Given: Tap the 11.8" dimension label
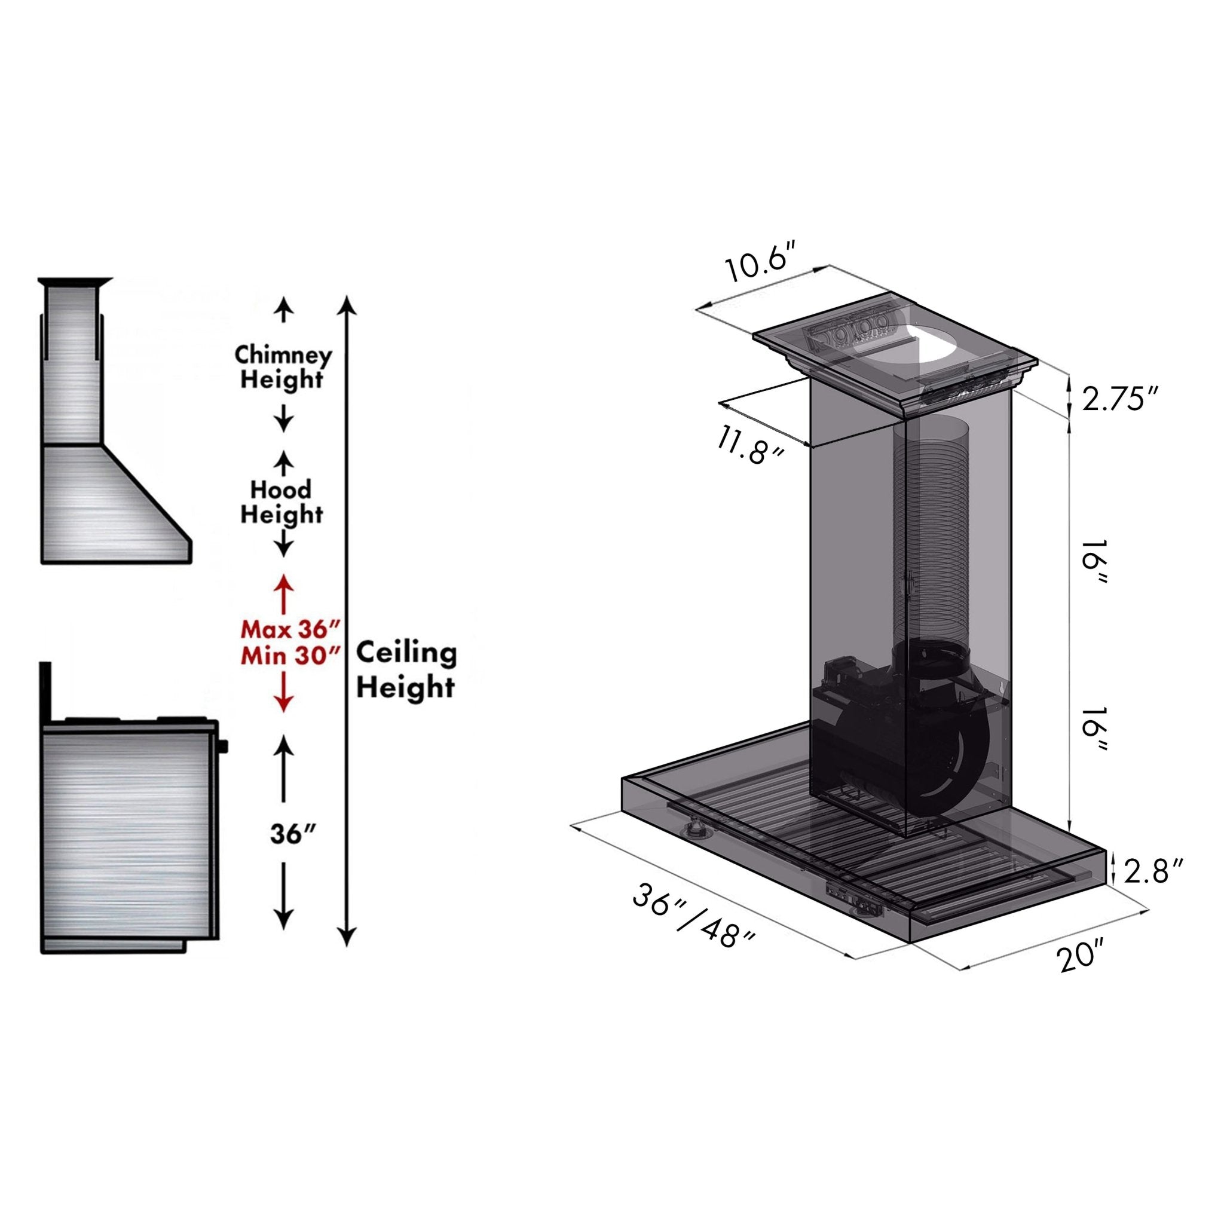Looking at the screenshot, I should pyautogui.click(x=750, y=445).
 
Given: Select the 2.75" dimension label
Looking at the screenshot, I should pyautogui.click(x=1119, y=400).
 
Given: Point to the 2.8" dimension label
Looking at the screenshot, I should pyautogui.click(x=1153, y=872).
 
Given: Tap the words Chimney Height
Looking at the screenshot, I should pyautogui.click(x=283, y=367).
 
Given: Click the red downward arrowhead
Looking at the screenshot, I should pyautogui.click(x=283, y=703).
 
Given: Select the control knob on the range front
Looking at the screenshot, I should pyautogui.click(x=223, y=747).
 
